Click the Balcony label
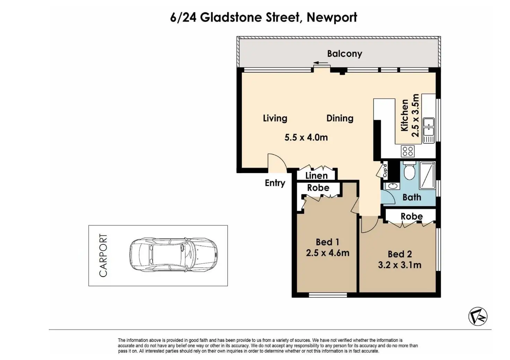pos(344,54)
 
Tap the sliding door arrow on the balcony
pos(320,63)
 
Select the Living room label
pos(275,118)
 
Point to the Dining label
pos(340,118)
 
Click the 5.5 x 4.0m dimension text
pos(306,137)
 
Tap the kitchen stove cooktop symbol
pos(408,151)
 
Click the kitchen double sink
pos(429,130)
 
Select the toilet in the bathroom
pos(410,171)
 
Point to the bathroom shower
pos(427,175)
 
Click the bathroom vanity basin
pos(393,186)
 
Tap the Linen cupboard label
pos(316,176)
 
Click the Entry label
pos(275,183)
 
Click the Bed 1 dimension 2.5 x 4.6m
pos(328,253)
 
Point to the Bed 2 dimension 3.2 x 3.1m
pos(399,265)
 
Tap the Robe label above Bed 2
pos(412,216)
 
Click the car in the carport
pos(174,255)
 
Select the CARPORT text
pos(103,255)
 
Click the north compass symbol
pos(478,316)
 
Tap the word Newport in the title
pos(332,18)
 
